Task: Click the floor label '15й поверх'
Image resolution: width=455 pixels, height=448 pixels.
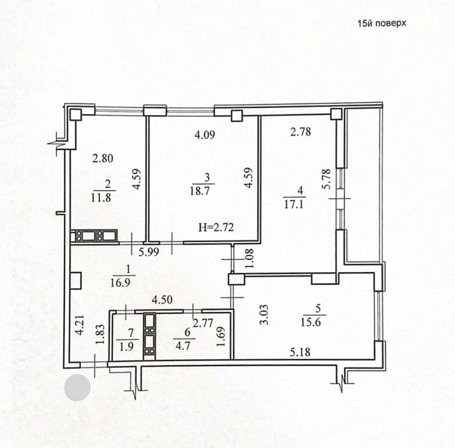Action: (382, 23)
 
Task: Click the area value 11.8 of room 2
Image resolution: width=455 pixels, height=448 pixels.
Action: (101, 198)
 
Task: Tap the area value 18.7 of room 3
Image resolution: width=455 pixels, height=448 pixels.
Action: (200, 191)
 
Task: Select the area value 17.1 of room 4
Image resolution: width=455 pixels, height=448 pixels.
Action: (293, 205)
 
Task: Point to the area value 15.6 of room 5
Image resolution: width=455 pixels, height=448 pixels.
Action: (310, 322)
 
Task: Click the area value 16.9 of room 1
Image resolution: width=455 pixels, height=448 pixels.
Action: (120, 282)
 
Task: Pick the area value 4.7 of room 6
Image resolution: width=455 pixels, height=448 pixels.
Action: (183, 346)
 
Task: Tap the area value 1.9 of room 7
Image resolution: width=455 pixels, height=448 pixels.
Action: (127, 347)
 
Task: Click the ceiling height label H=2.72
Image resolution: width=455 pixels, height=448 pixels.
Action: (216, 227)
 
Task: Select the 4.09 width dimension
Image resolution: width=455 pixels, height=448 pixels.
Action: (205, 135)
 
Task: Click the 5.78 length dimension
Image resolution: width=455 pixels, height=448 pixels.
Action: (327, 179)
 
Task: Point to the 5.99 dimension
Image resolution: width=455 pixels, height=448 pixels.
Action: (149, 252)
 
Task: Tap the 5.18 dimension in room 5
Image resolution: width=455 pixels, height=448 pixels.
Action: (300, 352)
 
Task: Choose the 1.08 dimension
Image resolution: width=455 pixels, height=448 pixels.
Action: (249, 258)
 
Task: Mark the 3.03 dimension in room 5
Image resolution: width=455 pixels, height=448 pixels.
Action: (264, 314)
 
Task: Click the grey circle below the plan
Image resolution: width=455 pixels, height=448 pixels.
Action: (77, 388)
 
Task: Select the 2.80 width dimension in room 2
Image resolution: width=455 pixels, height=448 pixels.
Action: (103, 159)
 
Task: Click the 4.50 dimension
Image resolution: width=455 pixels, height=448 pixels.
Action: (162, 300)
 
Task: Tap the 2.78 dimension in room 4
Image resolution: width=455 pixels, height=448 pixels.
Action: (300, 132)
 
